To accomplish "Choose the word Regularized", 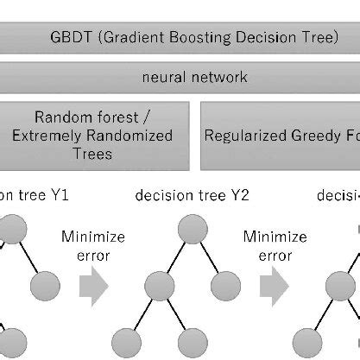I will pos(246,136).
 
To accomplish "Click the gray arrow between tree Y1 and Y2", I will pos(93,286).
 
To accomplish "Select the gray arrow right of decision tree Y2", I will pos(274,286).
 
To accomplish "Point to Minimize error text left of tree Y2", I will pos(93,245).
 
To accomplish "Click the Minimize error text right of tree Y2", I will pos(275,245).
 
